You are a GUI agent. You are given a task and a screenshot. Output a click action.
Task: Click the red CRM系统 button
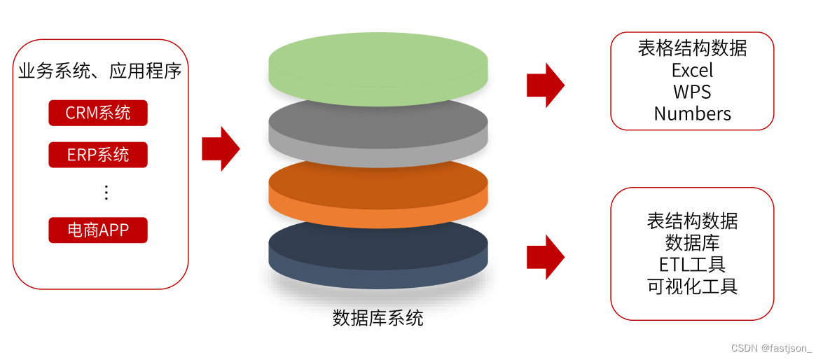click(x=98, y=113)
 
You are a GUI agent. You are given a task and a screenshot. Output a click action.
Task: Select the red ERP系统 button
click(x=98, y=155)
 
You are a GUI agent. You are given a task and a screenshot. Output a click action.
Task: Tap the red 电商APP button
click(x=98, y=230)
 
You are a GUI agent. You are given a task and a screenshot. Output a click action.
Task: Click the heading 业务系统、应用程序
click(x=99, y=71)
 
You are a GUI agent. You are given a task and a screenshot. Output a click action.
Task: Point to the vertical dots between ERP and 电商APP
click(x=106, y=192)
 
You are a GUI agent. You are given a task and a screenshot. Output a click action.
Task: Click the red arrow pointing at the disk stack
click(x=221, y=148)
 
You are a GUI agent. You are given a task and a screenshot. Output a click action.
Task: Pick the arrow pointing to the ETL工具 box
click(x=546, y=257)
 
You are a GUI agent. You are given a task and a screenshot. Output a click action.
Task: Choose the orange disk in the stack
click(x=378, y=196)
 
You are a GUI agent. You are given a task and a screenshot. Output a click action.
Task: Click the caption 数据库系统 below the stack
click(x=378, y=318)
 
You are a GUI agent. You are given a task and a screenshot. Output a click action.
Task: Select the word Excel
click(x=692, y=70)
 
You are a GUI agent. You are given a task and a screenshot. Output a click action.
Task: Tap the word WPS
click(x=692, y=92)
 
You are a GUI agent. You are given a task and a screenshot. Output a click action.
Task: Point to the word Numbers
click(x=692, y=113)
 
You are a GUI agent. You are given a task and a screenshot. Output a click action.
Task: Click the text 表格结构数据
click(x=692, y=48)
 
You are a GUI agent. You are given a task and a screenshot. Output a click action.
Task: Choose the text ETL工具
click(x=692, y=264)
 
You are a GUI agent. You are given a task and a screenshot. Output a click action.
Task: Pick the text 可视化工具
click(x=692, y=286)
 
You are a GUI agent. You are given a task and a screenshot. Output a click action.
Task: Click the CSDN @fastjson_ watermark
click(x=771, y=348)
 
